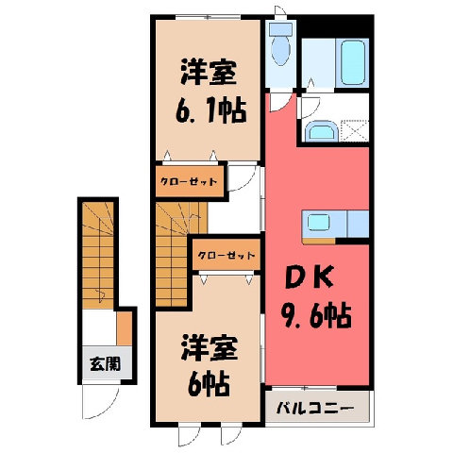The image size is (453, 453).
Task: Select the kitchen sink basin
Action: pos(318,223)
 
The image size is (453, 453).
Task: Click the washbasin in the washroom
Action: pos(322,130)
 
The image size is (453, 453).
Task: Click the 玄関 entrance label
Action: pos(105,364)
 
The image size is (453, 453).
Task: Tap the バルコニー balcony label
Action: pos(316,409)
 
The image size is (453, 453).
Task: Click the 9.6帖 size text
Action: pos(317,314)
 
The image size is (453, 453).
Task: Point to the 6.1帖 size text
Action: pos(210,110)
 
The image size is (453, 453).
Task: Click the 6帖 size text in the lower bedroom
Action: pos(208,383)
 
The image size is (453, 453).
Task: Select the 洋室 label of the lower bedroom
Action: pos(209,347)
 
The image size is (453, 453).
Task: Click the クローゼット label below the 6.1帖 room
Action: pos(189,181)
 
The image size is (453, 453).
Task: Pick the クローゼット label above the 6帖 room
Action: pos(226,255)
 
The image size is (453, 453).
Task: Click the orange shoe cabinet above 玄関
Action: pos(125,328)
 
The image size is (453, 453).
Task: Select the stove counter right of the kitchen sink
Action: pos(358,224)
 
